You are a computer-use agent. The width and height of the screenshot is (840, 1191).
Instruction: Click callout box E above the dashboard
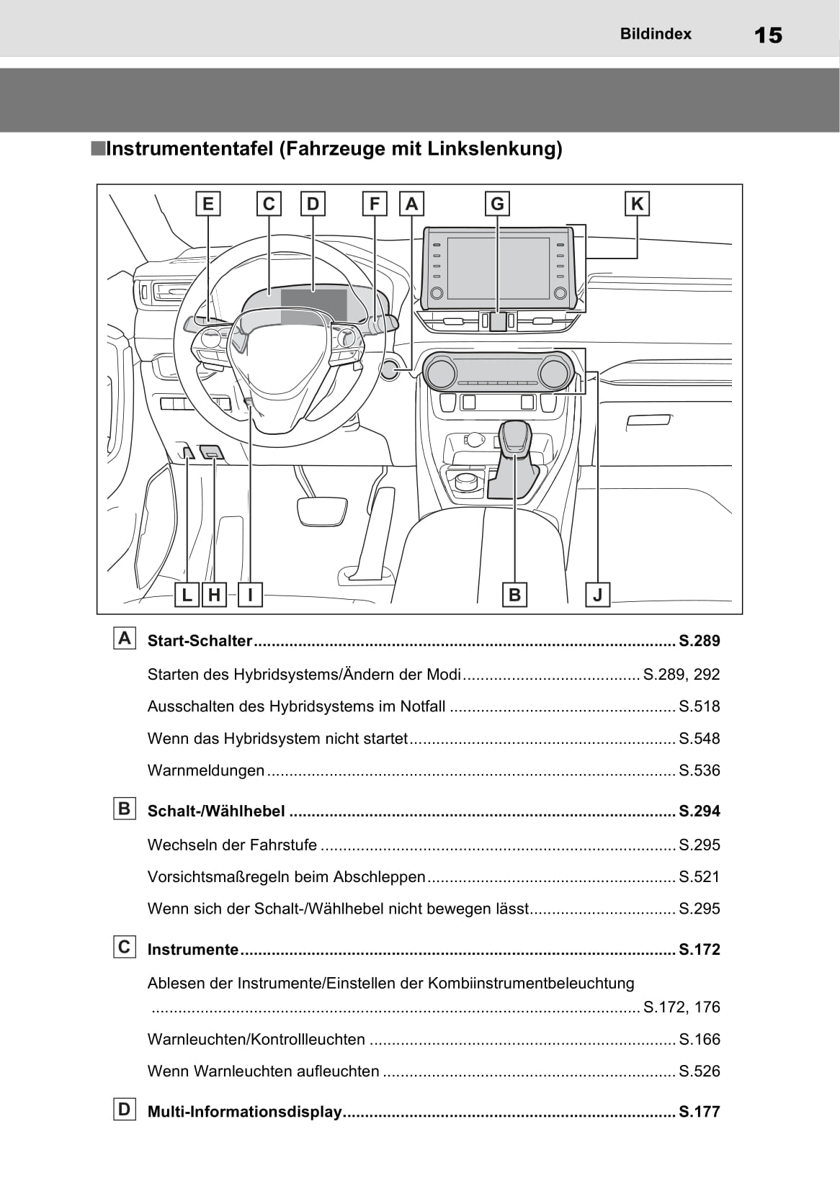(208, 204)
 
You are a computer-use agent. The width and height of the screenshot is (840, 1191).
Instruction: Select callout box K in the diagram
(637, 204)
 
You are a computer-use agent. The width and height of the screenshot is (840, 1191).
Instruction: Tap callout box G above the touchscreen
(497, 204)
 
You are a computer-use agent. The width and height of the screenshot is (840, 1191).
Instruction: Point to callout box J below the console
(597, 595)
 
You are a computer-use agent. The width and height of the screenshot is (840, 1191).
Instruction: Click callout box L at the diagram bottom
(187, 595)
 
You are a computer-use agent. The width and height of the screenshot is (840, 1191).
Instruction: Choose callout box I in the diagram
(250, 595)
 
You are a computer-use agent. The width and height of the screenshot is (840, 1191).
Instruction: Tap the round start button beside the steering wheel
(390, 369)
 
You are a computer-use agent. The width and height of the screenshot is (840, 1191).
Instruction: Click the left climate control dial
(440, 373)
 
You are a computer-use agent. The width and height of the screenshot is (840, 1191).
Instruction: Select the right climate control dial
(553, 372)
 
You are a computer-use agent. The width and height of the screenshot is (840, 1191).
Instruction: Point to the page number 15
(768, 35)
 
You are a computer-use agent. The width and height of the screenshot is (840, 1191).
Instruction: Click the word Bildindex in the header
(656, 34)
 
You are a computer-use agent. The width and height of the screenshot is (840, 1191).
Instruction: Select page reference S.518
(700, 706)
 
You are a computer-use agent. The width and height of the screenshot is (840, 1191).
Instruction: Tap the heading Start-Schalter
(200, 641)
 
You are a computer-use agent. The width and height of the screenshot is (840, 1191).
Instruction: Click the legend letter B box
(125, 809)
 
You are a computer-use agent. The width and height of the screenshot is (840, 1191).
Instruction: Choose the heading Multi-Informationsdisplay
(244, 1112)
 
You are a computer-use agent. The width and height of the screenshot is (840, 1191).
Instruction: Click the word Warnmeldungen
(206, 770)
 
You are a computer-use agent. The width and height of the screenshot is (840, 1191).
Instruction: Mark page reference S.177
(700, 1112)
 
